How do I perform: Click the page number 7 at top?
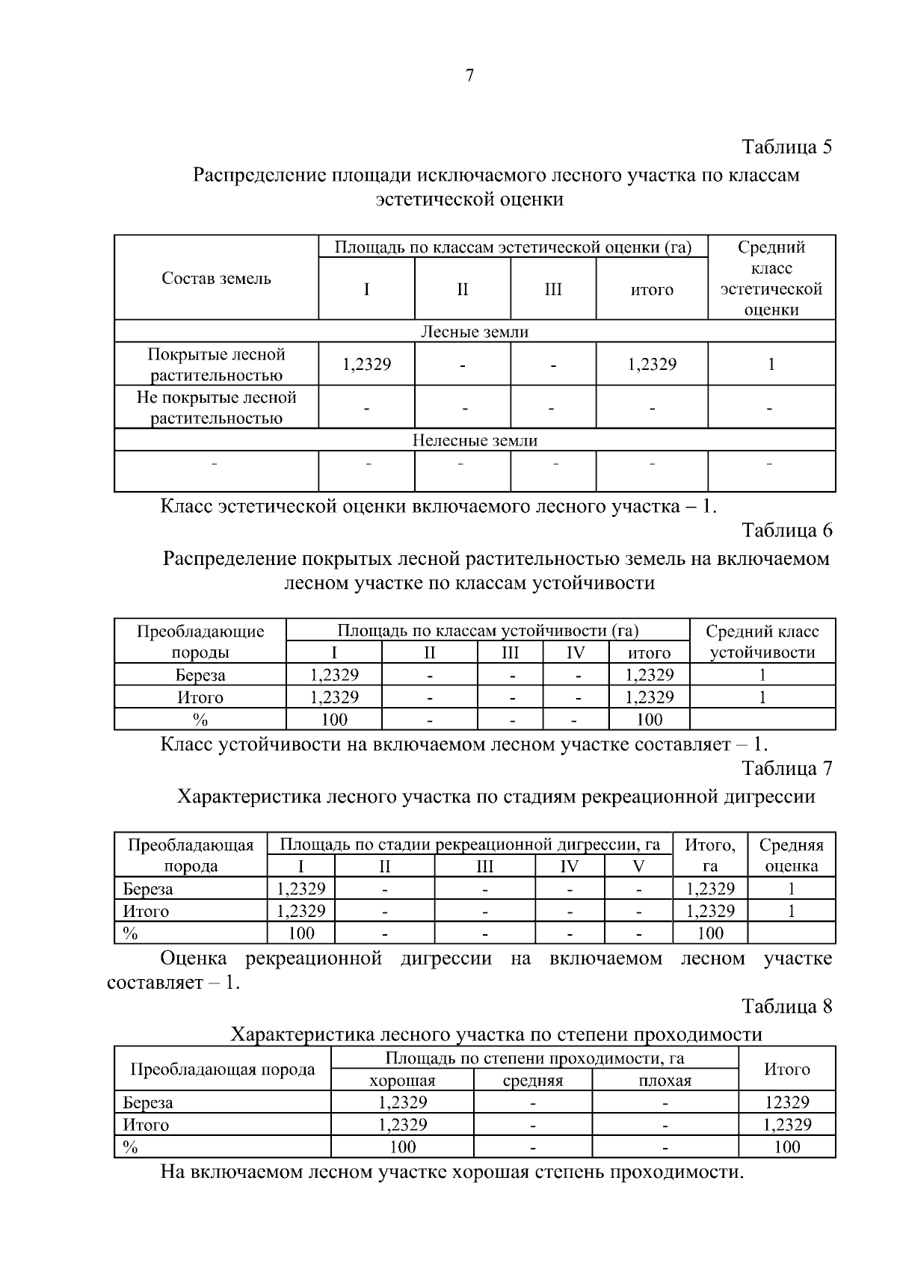tap(469, 75)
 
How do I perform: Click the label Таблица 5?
tap(786, 146)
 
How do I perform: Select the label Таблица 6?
tap(786, 531)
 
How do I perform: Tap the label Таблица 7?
tap(786, 768)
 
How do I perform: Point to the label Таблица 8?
tap(786, 1006)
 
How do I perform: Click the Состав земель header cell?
tap(216, 279)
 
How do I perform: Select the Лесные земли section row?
tap(475, 332)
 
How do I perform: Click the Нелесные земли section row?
tap(475, 440)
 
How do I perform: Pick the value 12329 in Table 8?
tap(786, 1102)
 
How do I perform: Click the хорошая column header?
tap(402, 1081)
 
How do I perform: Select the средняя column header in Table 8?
tap(532, 1081)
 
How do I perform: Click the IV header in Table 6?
tap(575, 652)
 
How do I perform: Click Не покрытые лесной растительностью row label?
tap(216, 407)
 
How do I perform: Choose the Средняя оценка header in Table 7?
tap(791, 856)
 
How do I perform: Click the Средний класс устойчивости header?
tap(762, 641)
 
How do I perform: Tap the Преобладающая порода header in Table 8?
tap(222, 1069)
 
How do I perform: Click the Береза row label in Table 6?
tap(200, 676)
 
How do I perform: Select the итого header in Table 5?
tap(651, 290)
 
